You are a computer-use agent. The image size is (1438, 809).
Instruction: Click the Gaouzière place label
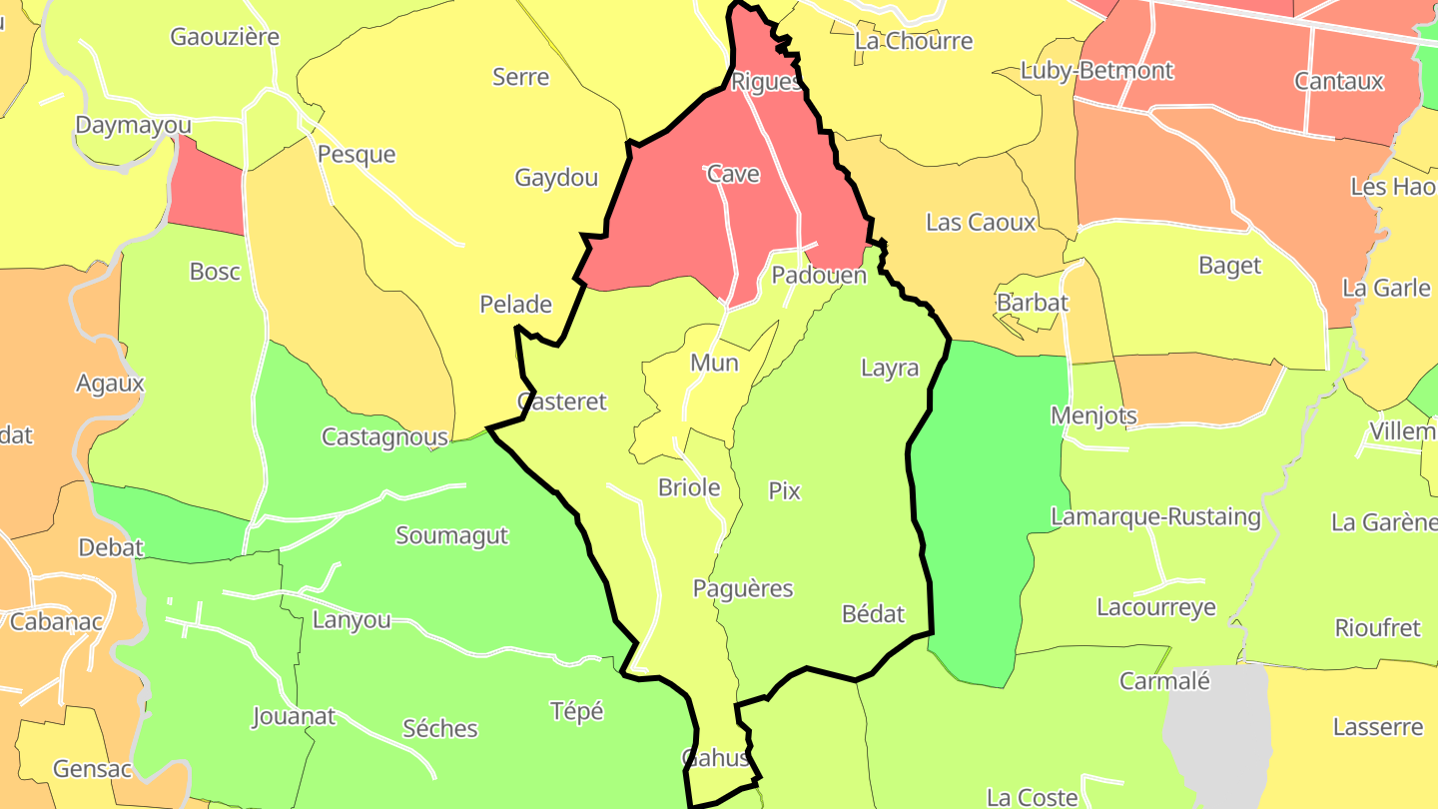pyautogui.click(x=225, y=37)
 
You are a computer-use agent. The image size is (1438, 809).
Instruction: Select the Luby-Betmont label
pyautogui.click(x=1096, y=71)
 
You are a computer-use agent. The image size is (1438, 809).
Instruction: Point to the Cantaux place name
pyautogui.click(x=1339, y=81)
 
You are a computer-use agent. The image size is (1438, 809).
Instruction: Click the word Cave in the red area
pyautogui.click(x=733, y=174)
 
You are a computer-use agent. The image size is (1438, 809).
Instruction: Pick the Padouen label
pyautogui.click(x=819, y=275)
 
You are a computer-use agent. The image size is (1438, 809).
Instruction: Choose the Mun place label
pyautogui.click(x=714, y=363)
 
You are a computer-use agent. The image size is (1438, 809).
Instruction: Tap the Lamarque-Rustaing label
pyautogui.click(x=1155, y=516)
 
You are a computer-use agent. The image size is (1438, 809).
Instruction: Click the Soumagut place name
pyautogui.click(x=452, y=535)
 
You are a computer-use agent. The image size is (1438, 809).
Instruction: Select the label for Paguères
pyautogui.click(x=743, y=588)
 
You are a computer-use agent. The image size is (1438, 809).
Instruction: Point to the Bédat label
pyautogui.click(x=873, y=613)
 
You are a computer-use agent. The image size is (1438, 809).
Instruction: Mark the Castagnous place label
pyautogui.click(x=384, y=436)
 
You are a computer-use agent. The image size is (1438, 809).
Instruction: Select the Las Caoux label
pyautogui.click(x=981, y=222)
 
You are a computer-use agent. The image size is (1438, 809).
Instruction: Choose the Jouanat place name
pyautogui.click(x=294, y=716)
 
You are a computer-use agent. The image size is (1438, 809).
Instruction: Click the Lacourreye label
pyautogui.click(x=1156, y=607)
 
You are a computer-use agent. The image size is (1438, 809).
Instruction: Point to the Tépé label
pyautogui.click(x=577, y=711)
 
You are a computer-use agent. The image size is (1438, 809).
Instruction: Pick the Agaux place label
pyautogui.click(x=110, y=383)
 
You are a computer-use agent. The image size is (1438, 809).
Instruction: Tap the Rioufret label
pyautogui.click(x=1377, y=628)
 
